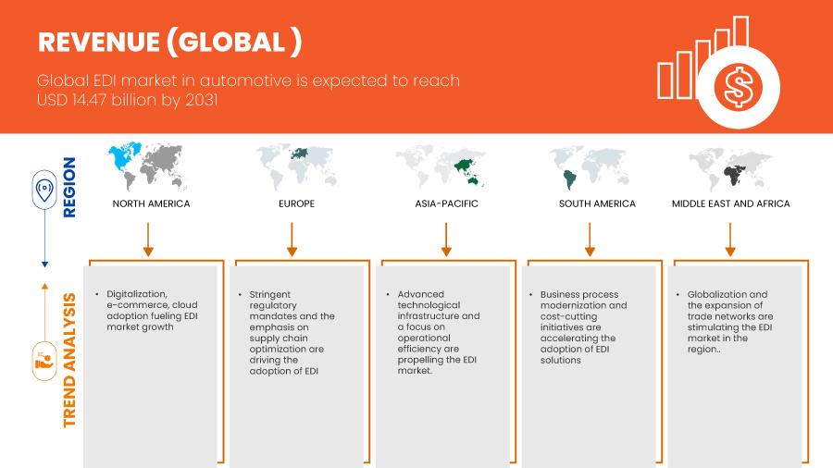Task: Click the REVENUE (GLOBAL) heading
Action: (170, 42)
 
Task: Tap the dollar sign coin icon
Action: (739, 87)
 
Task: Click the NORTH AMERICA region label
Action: (152, 203)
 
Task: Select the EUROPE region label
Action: (296, 203)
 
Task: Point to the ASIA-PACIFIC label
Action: (447, 203)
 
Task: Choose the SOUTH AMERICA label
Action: (597, 203)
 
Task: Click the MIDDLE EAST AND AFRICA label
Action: (731, 203)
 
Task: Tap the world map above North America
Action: (148, 166)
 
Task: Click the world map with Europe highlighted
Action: (296, 166)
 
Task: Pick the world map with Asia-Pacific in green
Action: (441, 166)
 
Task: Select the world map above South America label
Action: (590, 167)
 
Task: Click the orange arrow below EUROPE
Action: (292, 240)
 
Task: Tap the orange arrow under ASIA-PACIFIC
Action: (446, 240)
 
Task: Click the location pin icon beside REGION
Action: (44, 190)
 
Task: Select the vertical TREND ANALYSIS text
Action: (69, 361)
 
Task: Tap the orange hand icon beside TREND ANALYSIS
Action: (44, 362)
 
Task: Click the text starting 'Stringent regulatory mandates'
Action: (292, 333)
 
